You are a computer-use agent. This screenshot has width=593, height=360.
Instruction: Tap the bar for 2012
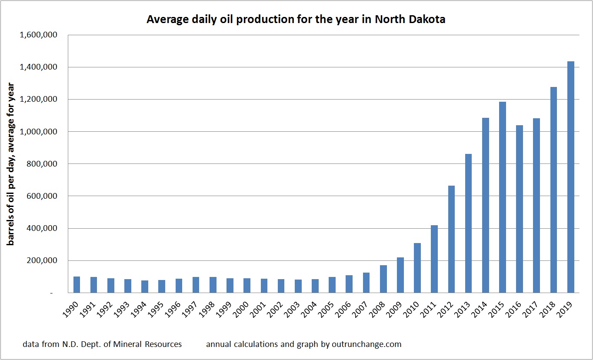point(452,239)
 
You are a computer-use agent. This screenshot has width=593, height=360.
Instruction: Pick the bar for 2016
point(520,209)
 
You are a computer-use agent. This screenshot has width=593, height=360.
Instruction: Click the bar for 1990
point(77,284)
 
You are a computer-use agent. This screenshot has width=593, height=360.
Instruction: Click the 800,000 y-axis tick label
point(42,164)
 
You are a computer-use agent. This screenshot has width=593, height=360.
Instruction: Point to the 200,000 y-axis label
point(42,261)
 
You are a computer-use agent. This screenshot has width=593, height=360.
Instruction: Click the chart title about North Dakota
point(296,20)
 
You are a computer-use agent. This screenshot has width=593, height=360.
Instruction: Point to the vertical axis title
point(10,164)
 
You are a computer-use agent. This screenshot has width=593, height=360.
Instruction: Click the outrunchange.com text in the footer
point(303,344)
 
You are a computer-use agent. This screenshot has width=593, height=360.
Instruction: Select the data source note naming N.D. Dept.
point(102,344)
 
